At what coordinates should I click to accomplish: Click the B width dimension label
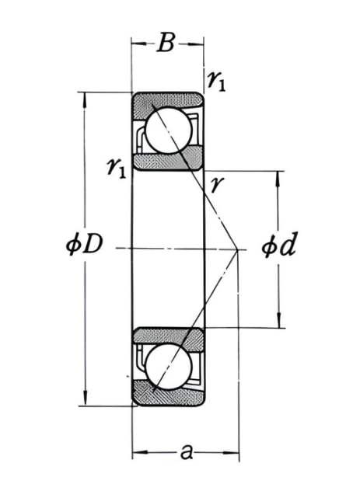click(x=166, y=44)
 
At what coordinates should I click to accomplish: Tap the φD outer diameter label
click(x=83, y=246)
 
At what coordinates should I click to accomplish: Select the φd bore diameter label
click(x=278, y=247)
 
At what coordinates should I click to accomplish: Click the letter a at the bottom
click(x=185, y=451)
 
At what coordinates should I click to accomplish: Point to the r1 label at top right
click(x=217, y=79)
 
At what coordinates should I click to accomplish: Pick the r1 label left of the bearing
click(x=117, y=166)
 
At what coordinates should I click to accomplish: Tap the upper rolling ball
click(x=168, y=130)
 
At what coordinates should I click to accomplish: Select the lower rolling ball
click(x=168, y=367)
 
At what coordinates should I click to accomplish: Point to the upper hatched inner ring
click(x=167, y=161)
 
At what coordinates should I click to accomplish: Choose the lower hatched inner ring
click(x=167, y=336)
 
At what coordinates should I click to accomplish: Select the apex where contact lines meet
click(x=237, y=249)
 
